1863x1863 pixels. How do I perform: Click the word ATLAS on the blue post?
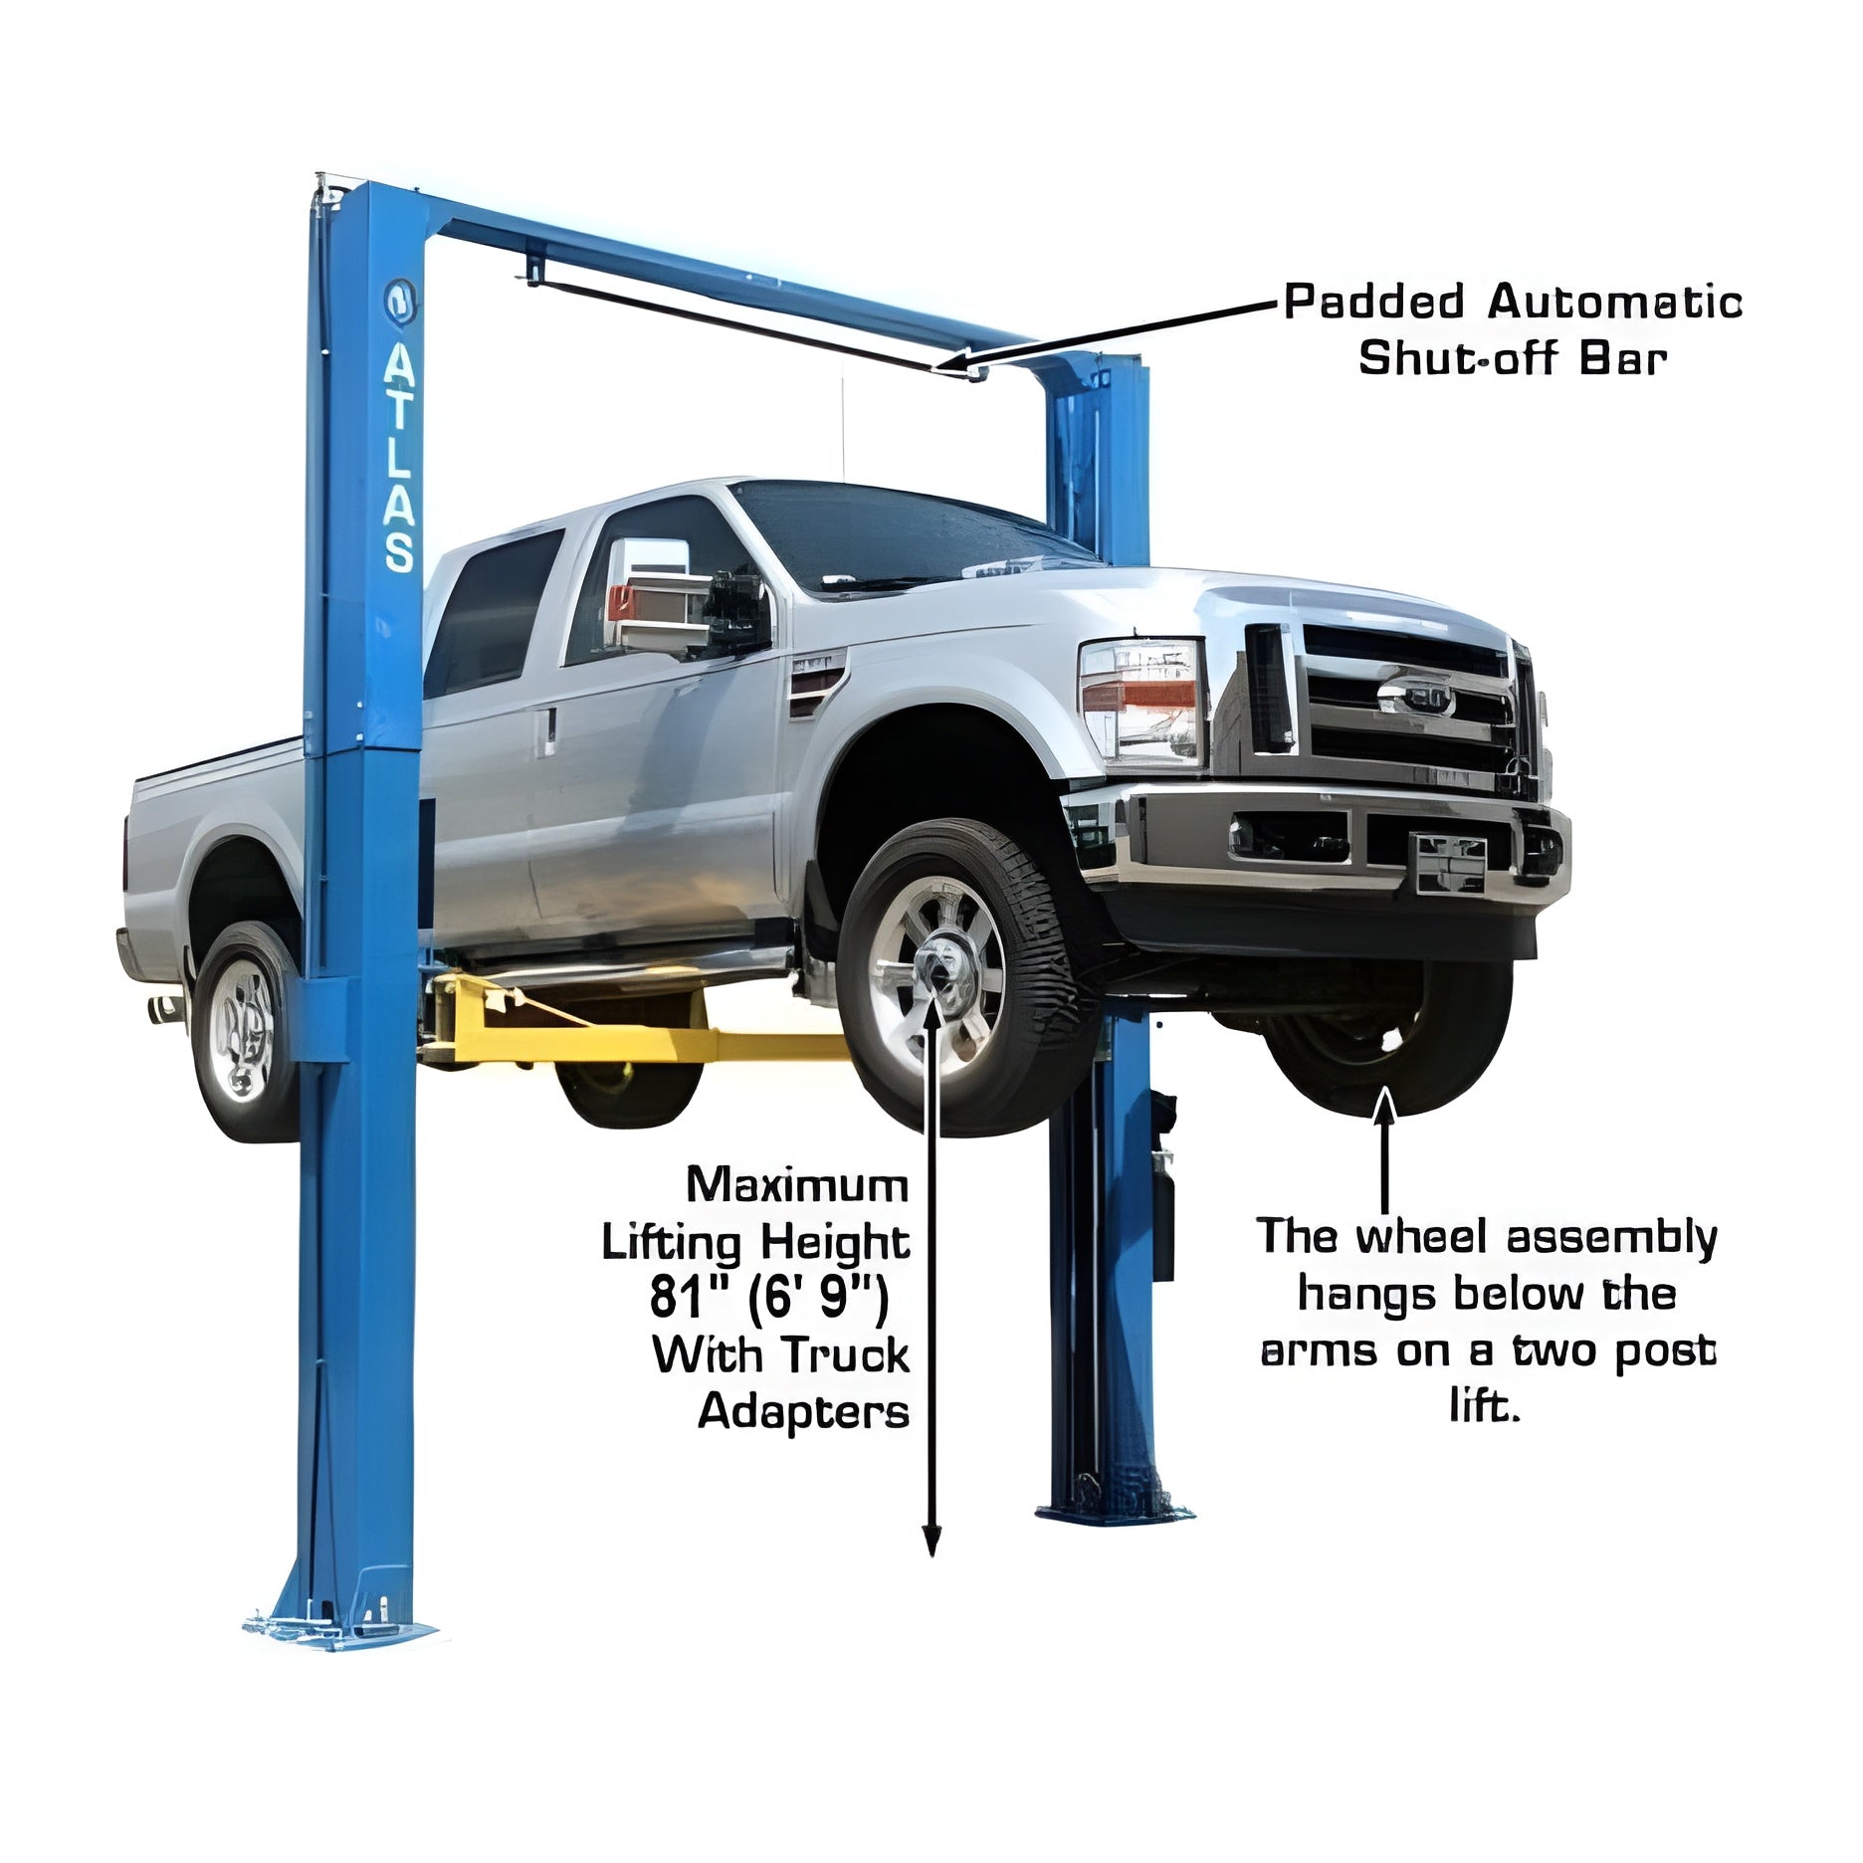pyautogui.click(x=400, y=461)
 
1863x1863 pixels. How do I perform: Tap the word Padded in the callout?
pyautogui.click(x=1374, y=303)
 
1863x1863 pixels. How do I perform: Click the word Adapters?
pyautogui.click(x=803, y=1411)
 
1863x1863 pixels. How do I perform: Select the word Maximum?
pyautogui.click(x=797, y=1185)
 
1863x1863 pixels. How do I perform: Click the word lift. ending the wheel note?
pyautogui.click(x=1485, y=1408)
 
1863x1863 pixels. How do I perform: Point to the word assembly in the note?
pyautogui.click(x=1611, y=1239)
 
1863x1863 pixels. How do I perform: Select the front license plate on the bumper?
pyautogui.click(x=1451, y=864)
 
